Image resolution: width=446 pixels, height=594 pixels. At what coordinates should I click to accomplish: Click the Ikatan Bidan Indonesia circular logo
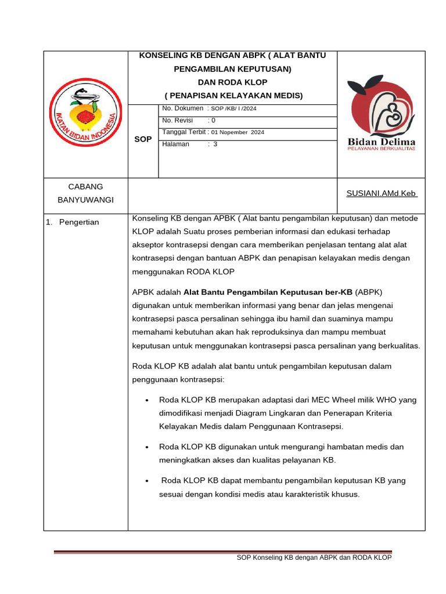[x=86, y=113]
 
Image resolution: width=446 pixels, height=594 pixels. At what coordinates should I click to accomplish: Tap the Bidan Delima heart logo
[x=380, y=106]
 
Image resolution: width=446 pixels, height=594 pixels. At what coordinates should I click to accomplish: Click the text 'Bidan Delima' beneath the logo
[x=381, y=142]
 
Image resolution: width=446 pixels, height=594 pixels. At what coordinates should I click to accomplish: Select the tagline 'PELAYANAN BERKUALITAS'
[x=381, y=149]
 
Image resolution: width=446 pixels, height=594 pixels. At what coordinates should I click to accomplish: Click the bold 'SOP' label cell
[x=143, y=139]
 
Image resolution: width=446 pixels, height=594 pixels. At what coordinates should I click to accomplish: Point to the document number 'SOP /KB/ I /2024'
[x=233, y=108]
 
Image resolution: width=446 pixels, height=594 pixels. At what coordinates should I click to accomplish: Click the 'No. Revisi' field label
[x=178, y=121]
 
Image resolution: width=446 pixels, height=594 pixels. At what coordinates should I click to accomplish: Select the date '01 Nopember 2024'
[x=238, y=132]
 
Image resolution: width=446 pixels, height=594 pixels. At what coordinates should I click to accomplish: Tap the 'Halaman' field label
[x=176, y=144]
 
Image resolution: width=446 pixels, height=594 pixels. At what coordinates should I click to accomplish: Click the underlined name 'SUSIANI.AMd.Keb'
[x=382, y=193]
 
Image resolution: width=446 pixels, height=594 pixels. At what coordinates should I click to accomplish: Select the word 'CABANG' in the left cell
[x=85, y=187]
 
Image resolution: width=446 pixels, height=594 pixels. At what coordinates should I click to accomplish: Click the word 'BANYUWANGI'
[x=85, y=200]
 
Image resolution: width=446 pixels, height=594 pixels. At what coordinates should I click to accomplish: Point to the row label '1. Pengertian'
[x=73, y=222]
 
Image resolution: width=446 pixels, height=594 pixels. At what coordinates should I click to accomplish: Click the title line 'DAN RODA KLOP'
[x=232, y=82]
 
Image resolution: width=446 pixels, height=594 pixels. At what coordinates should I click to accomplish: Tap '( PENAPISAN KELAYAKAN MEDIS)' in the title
[x=233, y=96]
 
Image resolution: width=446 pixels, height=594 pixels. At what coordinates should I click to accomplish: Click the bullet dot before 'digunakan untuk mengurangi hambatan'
[x=147, y=447]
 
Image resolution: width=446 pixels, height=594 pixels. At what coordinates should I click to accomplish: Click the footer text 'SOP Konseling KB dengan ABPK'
[x=314, y=557]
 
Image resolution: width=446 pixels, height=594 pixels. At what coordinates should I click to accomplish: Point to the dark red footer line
[x=223, y=552]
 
